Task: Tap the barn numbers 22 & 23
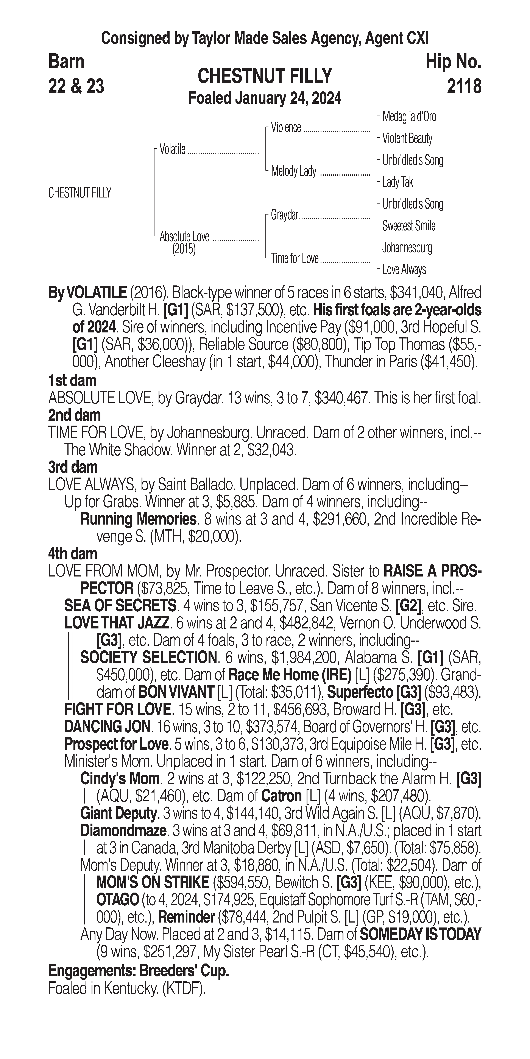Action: point(76,86)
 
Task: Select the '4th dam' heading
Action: point(73,554)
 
